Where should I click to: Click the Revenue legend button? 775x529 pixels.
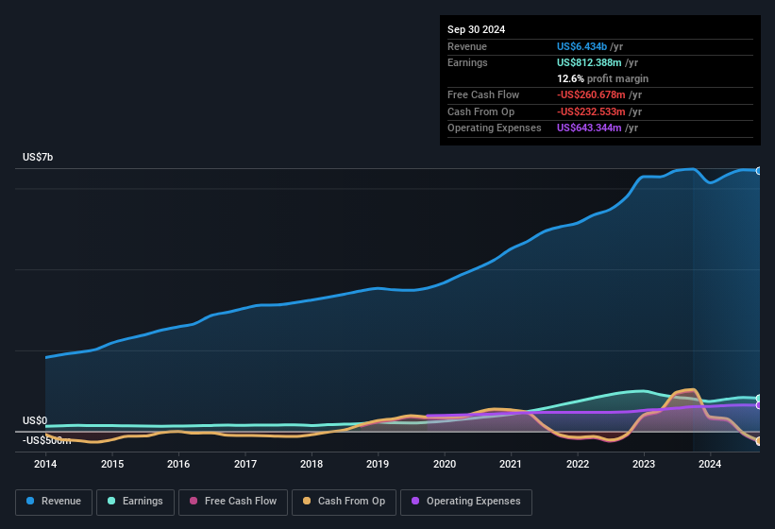click(54, 502)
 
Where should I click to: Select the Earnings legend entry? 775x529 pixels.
click(136, 502)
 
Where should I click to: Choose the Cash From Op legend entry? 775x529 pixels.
click(344, 502)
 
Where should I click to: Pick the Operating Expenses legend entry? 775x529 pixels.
click(466, 502)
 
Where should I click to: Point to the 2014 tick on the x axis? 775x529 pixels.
click(45, 464)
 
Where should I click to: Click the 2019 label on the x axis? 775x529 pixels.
click(378, 464)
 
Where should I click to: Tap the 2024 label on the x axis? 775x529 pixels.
click(710, 464)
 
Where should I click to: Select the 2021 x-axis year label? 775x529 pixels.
click(511, 464)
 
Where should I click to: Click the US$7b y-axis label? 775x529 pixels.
click(38, 157)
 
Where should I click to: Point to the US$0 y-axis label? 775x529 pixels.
click(35, 420)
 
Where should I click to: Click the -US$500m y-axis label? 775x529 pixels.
click(47, 440)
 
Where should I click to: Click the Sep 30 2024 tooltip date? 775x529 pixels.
click(476, 29)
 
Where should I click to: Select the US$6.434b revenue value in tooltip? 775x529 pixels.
click(581, 46)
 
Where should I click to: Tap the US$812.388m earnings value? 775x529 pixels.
click(589, 62)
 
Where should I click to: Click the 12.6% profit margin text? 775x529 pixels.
click(602, 78)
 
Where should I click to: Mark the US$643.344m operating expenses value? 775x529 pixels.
click(589, 128)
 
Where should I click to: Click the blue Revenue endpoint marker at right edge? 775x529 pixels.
click(758, 171)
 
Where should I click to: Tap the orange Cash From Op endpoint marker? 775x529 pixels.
click(758, 441)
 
